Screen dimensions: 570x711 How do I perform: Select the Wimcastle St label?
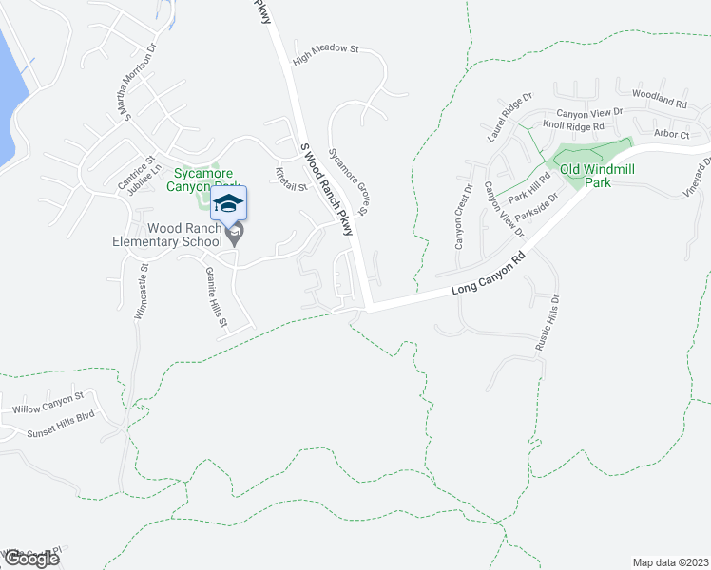(x=143, y=295)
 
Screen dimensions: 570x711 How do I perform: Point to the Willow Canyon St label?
(x=48, y=409)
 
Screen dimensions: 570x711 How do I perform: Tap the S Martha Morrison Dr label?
(x=136, y=84)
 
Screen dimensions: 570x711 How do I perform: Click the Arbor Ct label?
(x=671, y=135)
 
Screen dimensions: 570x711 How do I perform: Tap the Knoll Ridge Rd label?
(x=573, y=125)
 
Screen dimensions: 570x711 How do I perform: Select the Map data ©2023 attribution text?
(x=671, y=561)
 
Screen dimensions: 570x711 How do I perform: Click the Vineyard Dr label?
(x=701, y=177)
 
